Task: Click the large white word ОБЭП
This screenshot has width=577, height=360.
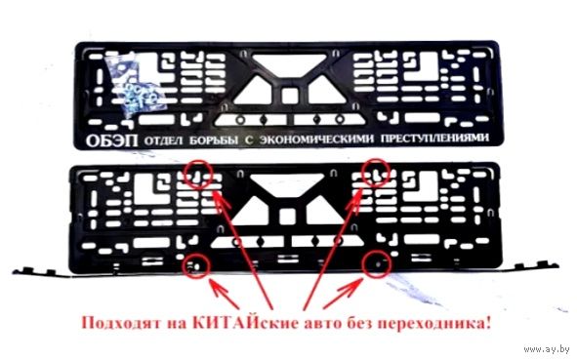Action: pyautogui.click(x=112, y=140)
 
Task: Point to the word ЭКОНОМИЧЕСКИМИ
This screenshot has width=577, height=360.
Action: pyautogui.click(x=316, y=140)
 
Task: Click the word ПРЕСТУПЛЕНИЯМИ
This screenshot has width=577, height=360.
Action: pyautogui.click(x=435, y=139)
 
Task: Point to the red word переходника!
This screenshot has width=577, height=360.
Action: pyautogui.click(x=434, y=324)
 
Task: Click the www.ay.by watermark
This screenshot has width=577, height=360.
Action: pyautogui.click(x=547, y=349)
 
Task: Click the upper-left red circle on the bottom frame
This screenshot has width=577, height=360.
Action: pyautogui.click(x=198, y=175)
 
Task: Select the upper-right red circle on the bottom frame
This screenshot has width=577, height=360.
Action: pyautogui.click(x=376, y=174)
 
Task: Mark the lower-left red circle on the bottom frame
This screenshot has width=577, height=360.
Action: pyautogui.click(x=195, y=264)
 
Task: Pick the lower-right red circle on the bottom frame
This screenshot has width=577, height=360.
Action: pyautogui.click(x=376, y=264)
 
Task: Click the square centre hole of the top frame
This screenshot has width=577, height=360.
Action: pyautogui.click(x=290, y=96)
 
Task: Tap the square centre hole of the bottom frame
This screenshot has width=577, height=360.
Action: pyautogui.click(x=287, y=217)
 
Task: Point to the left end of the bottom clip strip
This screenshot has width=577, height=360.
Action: pyautogui.click(x=15, y=272)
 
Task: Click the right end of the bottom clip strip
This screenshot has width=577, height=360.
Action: pyautogui.click(x=556, y=265)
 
